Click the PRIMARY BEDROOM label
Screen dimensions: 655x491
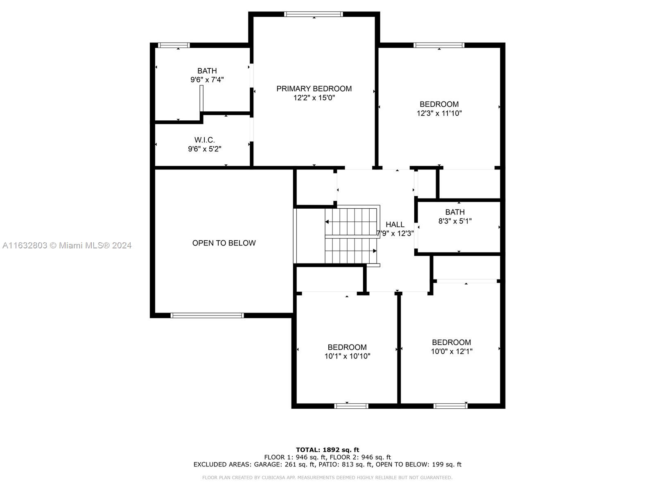tap(314, 88)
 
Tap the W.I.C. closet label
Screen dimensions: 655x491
tap(204, 140)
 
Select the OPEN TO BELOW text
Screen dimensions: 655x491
tap(224, 243)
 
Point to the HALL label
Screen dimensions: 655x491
tap(395, 225)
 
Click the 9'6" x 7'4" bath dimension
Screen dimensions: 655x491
tap(207, 80)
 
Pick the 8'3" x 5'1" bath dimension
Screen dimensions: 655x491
tap(455, 221)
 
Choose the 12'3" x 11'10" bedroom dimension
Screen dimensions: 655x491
tap(439, 113)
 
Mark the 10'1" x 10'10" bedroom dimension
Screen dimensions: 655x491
tap(347, 356)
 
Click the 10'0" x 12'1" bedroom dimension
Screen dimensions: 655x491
tap(452, 351)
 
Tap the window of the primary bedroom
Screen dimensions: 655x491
tap(313, 14)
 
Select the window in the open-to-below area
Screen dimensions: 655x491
tap(207, 315)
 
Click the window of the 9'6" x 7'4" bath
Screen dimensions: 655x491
tap(174, 45)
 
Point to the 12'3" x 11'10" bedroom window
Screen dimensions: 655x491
tap(439, 45)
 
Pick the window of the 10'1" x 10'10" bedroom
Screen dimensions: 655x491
tap(351, 406)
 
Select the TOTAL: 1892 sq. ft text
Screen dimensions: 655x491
tap(327, 450)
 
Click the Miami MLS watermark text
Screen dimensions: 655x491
tap(67, 245)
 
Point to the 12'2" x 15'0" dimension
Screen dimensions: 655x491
tap(314, 97)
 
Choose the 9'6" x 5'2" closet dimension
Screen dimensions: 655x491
tap(204, 149)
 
